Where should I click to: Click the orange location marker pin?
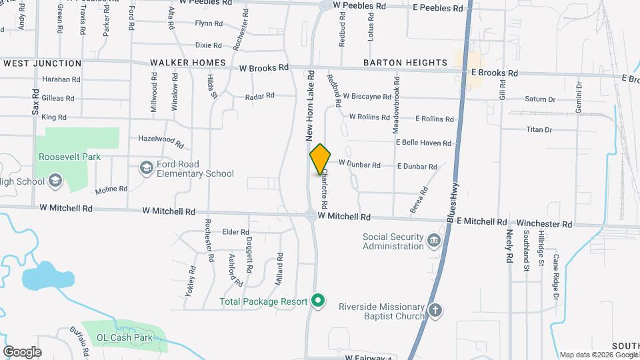pos(320,160)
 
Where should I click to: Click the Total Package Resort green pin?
pos(319,301)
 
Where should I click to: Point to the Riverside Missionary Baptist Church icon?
pos(435,311)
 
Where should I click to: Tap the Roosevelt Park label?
pos(69,157)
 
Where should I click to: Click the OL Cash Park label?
pos(121,337)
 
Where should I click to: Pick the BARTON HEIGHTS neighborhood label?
pos(405,63)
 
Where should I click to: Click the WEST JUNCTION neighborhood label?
pos(43,63)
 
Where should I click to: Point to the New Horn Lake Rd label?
pos(310,103)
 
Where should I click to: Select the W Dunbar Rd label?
pos(359,164)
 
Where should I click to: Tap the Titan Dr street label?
pos(539,129)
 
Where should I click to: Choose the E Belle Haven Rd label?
pos(423,143)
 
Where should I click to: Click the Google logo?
pos(22,351)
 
